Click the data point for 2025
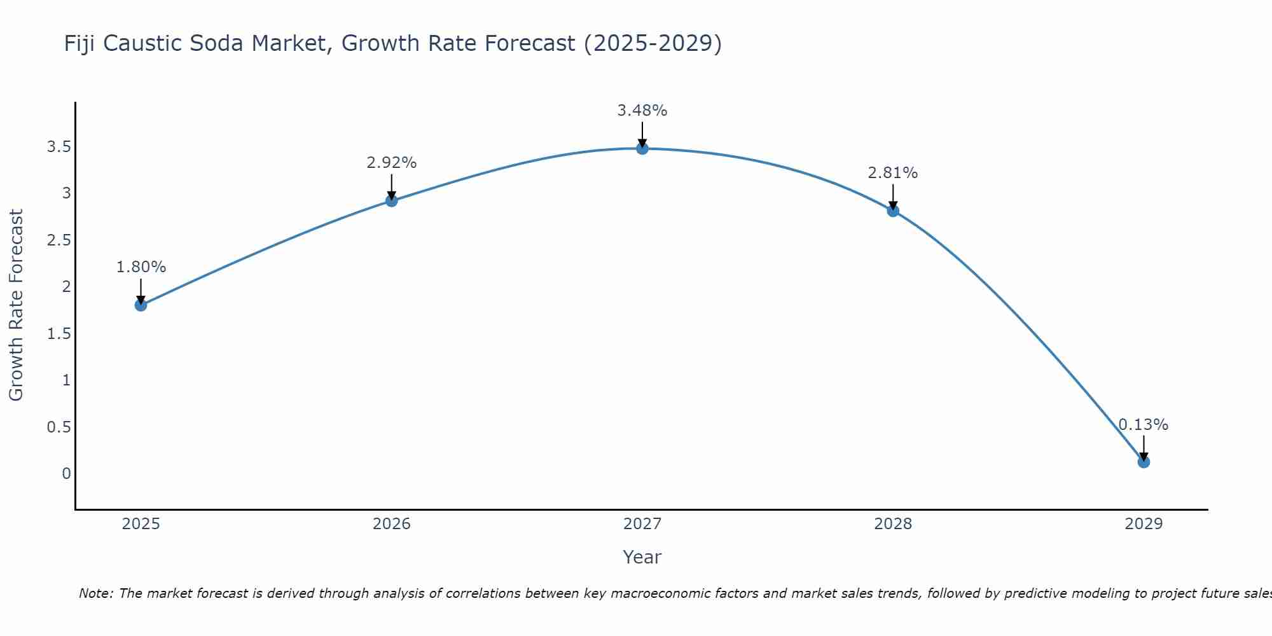coord(141,305)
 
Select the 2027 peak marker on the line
coord(642,149)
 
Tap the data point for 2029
coord(1144,462)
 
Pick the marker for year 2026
coord(392,201)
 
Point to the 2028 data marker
coord(893,211)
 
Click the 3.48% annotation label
coord(642,111)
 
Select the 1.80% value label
coord(141,267)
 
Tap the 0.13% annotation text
coord(1144,424)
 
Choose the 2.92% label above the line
coord(392,163)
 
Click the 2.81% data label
coord(893,173)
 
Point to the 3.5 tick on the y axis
coord(59,147)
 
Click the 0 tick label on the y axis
coord(66,473)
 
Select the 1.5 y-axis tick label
coord(59,333)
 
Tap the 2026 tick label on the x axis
coord(392,524)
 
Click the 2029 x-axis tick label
coord(1144,524)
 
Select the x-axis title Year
coord(642,557)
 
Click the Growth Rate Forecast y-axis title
coord(16,305)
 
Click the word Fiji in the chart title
coord(79,44)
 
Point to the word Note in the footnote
coord(95,593)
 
